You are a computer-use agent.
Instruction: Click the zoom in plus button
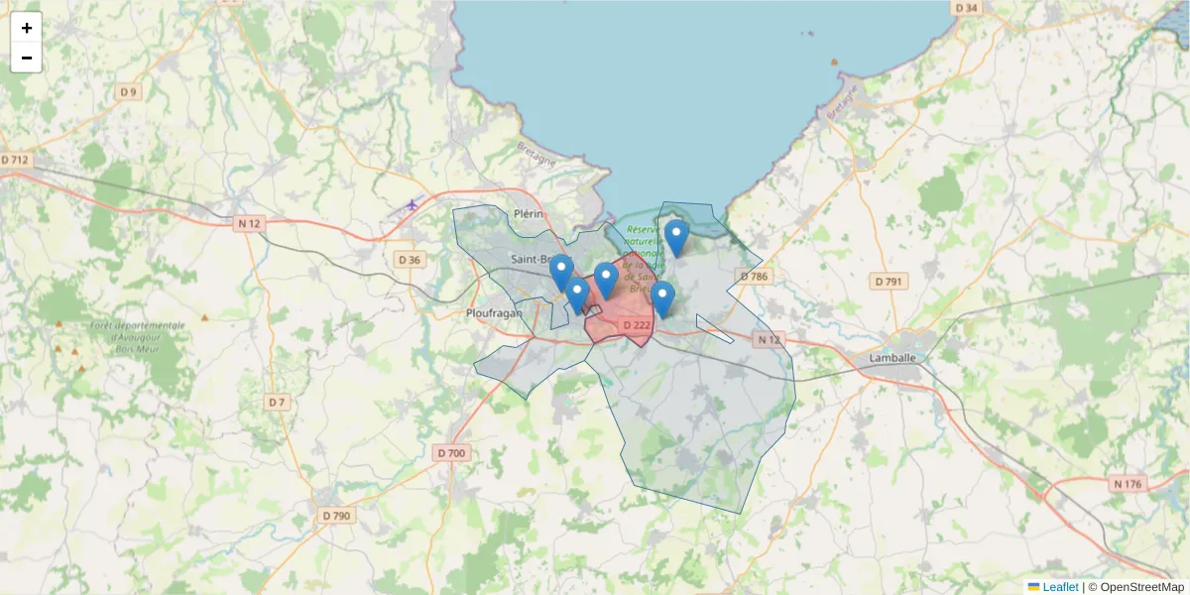click(x=27, y=28)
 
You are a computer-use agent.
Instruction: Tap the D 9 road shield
click(x=128, y=92)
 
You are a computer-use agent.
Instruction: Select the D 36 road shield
click(x=409, y=260)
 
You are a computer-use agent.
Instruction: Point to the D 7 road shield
click(x=277, y=403)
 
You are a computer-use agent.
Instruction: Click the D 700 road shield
click(x=450, y=453)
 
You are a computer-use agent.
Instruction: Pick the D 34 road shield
click(x=965, y=8)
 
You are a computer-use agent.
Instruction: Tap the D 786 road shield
click(x=754, y=277)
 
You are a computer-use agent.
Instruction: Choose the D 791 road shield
click(x=889, y=282)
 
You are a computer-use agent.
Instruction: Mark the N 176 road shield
click(x=1129, y=484)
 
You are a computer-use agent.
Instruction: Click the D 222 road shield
click(x=636, y=325)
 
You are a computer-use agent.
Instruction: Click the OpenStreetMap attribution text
click(x=1141, y=587)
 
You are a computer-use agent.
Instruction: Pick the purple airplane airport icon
click(x=413, y=205)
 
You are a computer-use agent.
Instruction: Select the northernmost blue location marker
click(x=676, y=237)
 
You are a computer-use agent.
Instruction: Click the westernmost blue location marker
click(x=561, y=271)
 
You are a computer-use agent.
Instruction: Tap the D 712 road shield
click(x=16, y=160)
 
